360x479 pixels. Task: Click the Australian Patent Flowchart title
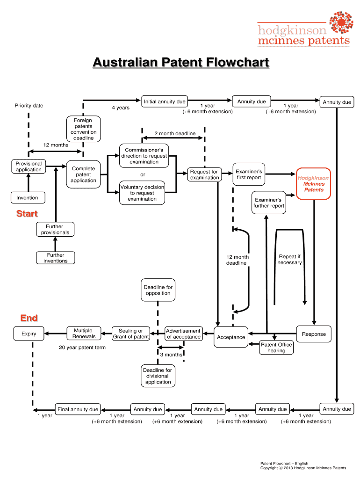[x=180, y=63]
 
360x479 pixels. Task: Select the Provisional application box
[x=29, y=167]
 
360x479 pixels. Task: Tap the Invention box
[x=28, y=198]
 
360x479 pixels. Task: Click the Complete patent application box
[x=84, y=174]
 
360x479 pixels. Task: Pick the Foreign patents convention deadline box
[x=84, y=129]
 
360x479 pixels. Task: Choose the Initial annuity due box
[x=165, y=102]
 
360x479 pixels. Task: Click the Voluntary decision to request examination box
[x=143, y=193]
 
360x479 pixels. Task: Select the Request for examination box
[x=204, y=174]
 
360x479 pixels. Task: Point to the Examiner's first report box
[x=249, y=174]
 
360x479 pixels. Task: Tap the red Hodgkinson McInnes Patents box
[x=313, y=183]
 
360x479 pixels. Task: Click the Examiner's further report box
[x=269, y=203]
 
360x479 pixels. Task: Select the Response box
[x=314, y=334]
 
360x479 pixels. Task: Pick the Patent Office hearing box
[x=276, y=348]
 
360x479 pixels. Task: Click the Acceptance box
[x=231, y=337]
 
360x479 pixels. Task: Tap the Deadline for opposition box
[x=158, y=290]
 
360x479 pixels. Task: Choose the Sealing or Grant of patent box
[x=131, y=334]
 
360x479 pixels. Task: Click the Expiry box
[x=29, y=334]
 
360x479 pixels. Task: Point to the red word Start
[x=27, y=214]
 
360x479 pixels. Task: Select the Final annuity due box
[x=78, y=409]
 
